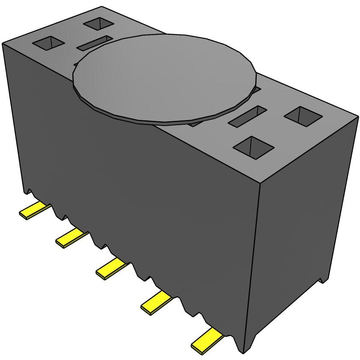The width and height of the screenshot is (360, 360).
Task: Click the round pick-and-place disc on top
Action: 165,79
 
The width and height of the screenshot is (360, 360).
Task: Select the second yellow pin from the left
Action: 71,238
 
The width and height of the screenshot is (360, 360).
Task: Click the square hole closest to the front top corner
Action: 254,147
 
